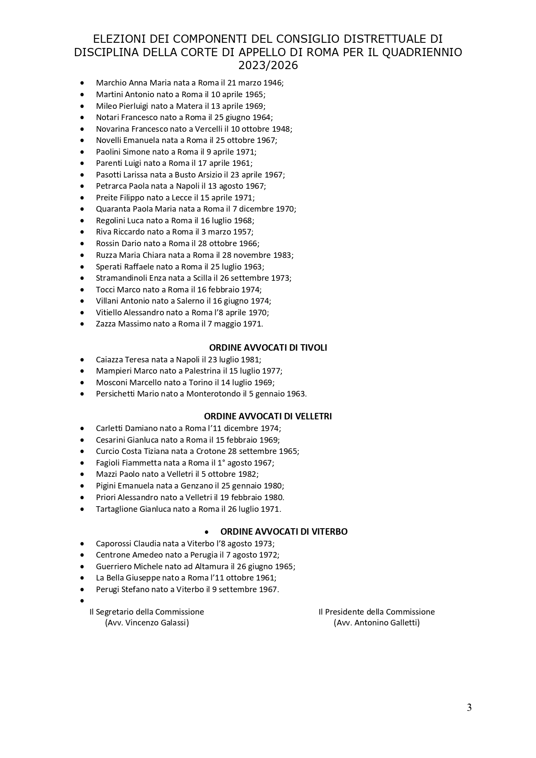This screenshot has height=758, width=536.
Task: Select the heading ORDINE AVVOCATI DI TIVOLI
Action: tap(268, 348)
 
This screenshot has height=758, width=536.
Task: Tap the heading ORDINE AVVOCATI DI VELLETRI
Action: tap(268, 417)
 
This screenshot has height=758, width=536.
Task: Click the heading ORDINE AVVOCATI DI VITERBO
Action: tap(284, 532)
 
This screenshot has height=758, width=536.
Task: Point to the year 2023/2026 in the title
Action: tap(268, 66)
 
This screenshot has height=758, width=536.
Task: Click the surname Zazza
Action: tap(106, 324)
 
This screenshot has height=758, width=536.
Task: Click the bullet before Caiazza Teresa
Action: tap(82, 360)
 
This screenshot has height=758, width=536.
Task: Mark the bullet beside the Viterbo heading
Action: tap(207, 532)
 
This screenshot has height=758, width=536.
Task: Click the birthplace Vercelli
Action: tap(209, 129)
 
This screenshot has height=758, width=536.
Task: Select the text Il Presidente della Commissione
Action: tap(376, 612)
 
